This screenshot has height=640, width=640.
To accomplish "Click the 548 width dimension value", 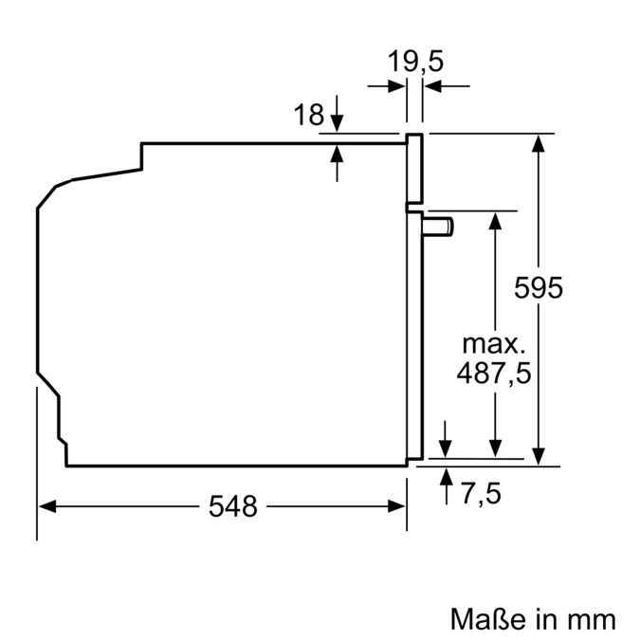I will coord(232,507).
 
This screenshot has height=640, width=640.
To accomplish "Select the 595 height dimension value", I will coord(538,287).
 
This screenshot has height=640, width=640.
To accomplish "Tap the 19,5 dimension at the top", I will coord(415,63).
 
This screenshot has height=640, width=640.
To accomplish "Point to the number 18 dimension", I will coord(308,116).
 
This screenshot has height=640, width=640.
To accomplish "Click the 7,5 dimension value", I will coord(480,493).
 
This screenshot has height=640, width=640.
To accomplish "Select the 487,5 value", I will coord(494,373).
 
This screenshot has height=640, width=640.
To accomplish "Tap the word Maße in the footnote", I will coord(485,619).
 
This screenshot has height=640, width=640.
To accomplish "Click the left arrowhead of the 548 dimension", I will coord(47,507).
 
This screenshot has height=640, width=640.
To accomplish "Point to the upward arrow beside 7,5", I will coord(447,477).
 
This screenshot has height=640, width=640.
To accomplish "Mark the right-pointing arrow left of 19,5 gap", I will coord(397,86).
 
